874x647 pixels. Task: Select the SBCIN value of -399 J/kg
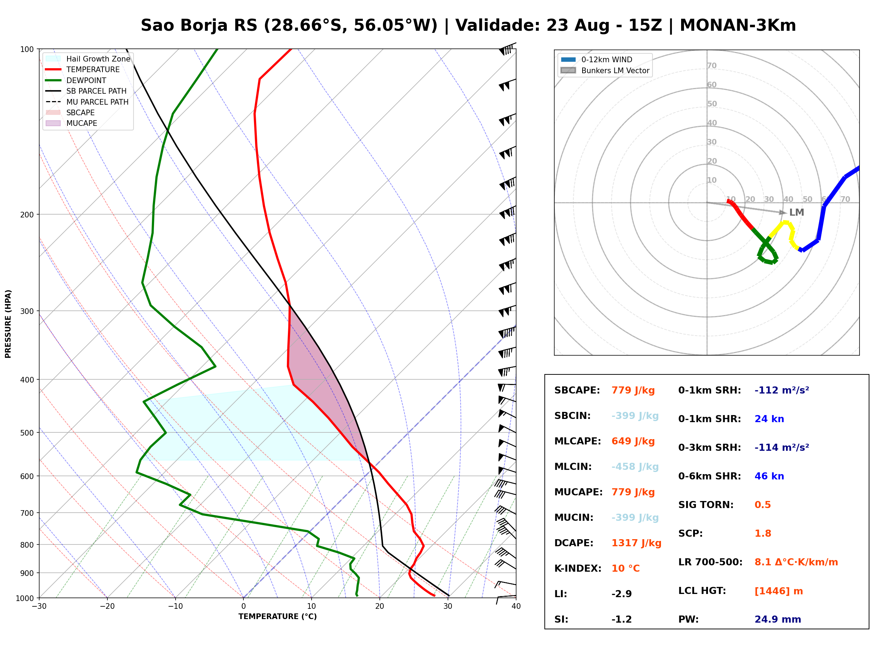point(635,416)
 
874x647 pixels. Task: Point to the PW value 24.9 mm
point(778,619)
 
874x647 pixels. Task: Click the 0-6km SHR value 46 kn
point(769,476)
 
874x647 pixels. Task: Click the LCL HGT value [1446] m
point(779,591)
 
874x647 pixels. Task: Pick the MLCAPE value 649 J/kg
point(633,441)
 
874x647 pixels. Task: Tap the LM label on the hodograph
point(797,212)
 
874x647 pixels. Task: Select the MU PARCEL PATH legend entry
point(87,102)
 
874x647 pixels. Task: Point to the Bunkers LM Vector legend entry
point(605,70)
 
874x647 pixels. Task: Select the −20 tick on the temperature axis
point(107,606)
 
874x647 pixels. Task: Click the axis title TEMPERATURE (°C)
point(277,617)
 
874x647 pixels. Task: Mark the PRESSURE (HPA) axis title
point(8,324)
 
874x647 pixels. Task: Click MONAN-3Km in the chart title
point(738,25)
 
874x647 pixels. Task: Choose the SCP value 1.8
point(762,534)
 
